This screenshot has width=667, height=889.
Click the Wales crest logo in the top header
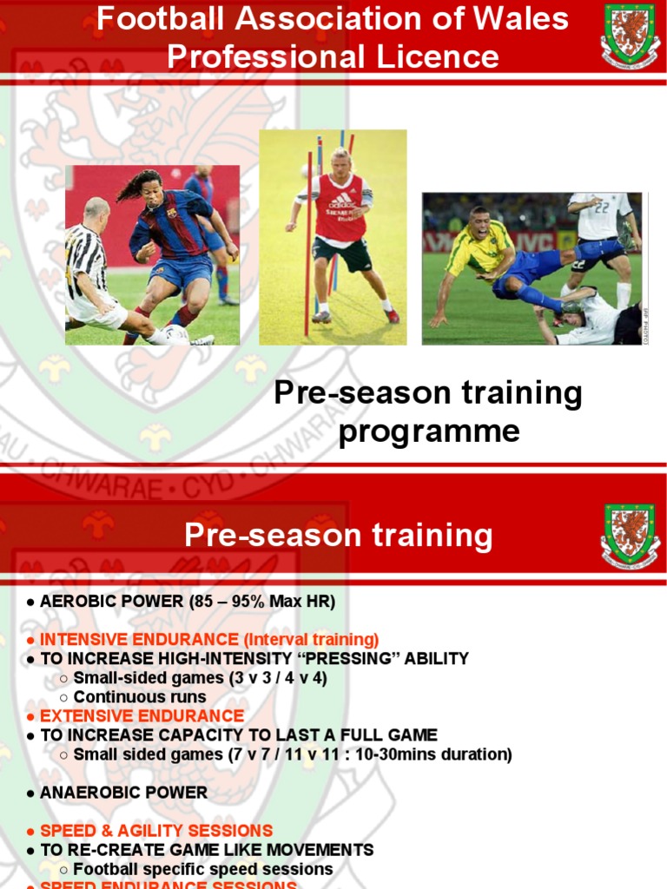630,35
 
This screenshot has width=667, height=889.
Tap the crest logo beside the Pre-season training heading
630,536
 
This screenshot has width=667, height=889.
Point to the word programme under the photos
429,431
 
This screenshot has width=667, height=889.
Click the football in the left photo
176,335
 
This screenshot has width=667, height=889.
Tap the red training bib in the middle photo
340,208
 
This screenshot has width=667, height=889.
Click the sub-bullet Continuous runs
140,697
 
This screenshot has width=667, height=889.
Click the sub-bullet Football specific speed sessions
203,869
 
